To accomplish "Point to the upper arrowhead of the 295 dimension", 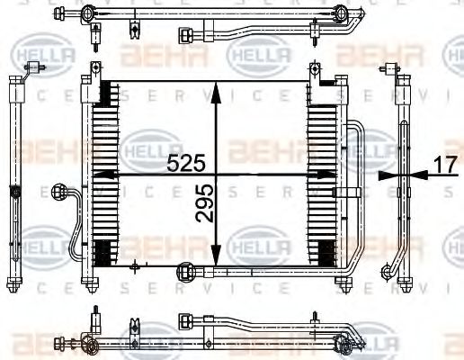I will [x=216, y=88].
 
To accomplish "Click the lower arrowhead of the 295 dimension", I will [x=216, y=258].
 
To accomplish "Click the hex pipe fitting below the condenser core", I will [x=188, y=269].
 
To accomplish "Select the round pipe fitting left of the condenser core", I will [x=62, y=192].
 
